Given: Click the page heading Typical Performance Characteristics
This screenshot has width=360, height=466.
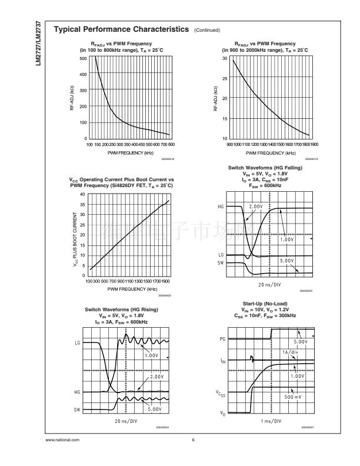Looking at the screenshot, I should (x=121, y=29).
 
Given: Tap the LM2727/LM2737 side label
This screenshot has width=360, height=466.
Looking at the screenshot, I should (x=38, y=44).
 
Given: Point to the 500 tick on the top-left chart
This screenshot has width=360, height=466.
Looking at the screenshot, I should (x=84, y=58).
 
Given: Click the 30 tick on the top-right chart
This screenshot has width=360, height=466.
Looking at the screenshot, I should (x=225, y=59).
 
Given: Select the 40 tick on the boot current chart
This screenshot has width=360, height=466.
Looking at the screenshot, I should (x=82, y=194).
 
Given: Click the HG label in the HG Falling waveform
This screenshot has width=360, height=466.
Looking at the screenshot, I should (x=221, y=207).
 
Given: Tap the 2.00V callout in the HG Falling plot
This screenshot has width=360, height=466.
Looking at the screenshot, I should (x=256, y=207).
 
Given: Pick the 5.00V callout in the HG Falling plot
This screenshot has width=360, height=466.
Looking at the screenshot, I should (x=287, y=261).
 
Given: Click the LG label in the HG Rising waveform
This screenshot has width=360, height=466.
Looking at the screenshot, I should (x=77, y=342).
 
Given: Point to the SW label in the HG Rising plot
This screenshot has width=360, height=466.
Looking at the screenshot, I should (x=77, y=408).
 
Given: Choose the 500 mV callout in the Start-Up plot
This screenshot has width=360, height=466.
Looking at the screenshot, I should (x=292, y=398).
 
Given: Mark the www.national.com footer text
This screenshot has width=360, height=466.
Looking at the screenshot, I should (x=62, y=440).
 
